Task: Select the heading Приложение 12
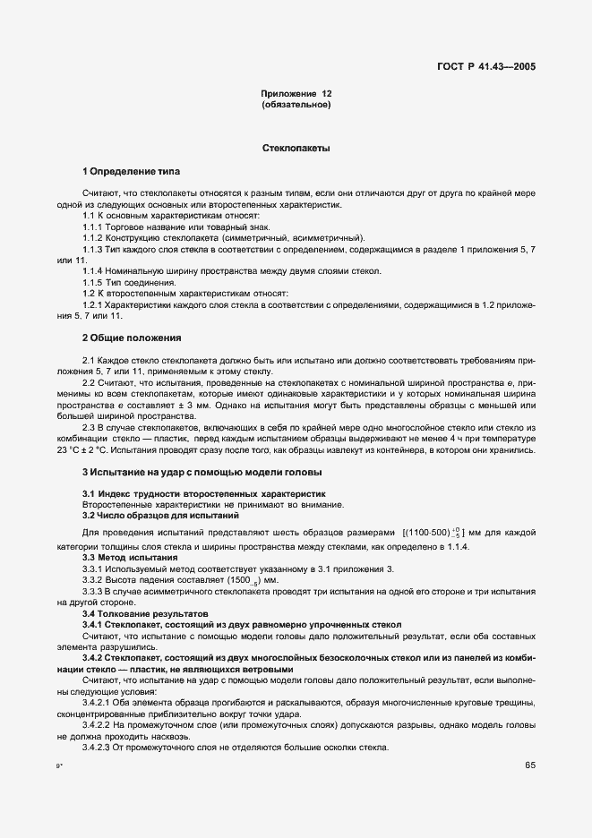coord(296,94)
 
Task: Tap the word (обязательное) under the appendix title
coord(296,106)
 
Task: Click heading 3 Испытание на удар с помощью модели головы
coord(202,471)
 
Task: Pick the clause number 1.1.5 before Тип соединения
coord(95,282)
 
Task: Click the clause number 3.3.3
coord(95,591)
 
